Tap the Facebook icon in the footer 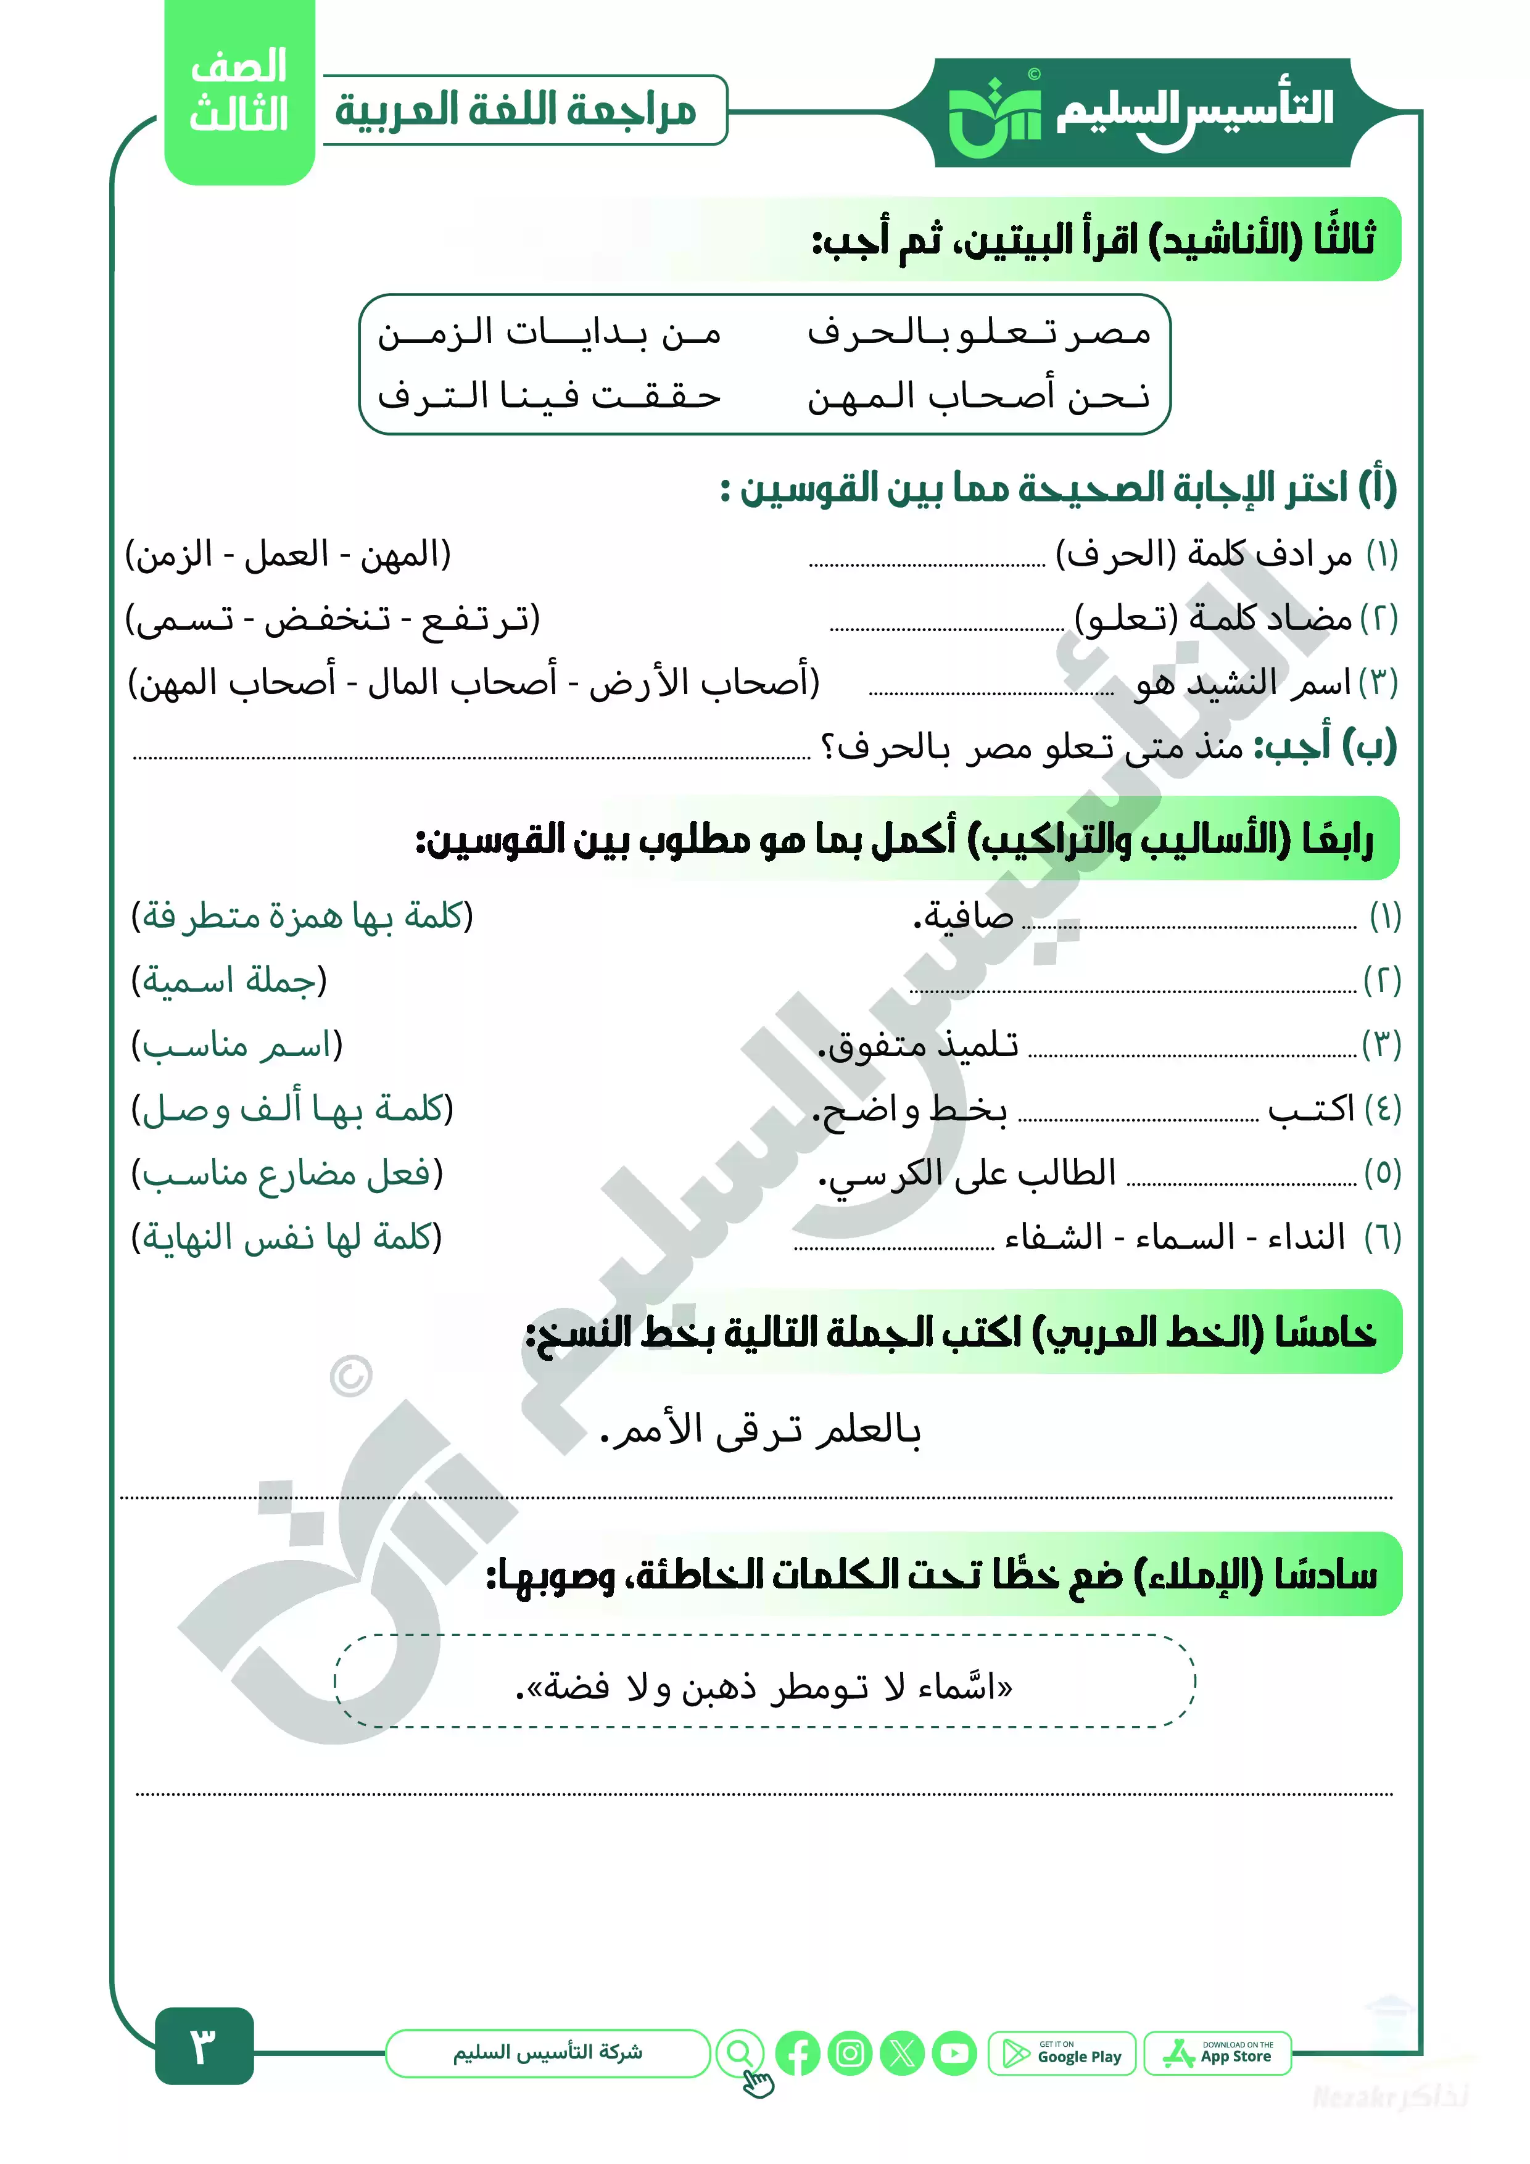tap(798, 2053)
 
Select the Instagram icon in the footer tap(850, 2053)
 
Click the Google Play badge tap(1062, 2054)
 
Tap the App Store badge tap(1217, 2054)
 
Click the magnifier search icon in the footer tap(741, 2053)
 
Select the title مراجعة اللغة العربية tap(516, 111)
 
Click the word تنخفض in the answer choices tap(326, 619)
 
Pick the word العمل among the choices tap(287, 554)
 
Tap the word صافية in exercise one tap(964, 916)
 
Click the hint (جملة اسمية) tap(229, 981)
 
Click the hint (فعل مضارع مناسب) tap(287, 1173)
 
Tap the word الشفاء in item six tap(1054, 1237)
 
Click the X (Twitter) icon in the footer tap(902, 2053)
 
